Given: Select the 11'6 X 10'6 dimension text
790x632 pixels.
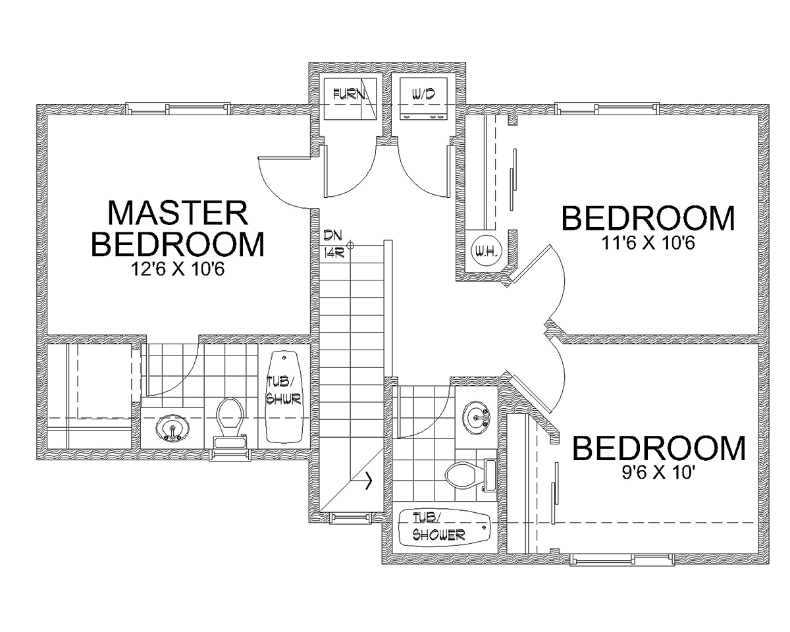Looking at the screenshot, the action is (x=648, y=243).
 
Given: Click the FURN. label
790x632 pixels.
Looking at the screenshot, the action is (x=349, y=95).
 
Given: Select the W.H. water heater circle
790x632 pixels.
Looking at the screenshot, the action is (x=487, y=251).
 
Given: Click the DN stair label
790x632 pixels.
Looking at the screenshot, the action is (x=332, y=235).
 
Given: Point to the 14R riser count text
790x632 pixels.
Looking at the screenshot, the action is (x=333, y=253).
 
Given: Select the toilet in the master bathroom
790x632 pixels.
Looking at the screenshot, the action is (x=231, y=422).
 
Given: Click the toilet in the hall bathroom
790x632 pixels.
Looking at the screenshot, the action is (x=471, y=475).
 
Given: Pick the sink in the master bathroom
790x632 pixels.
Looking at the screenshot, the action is (x=172, y=428).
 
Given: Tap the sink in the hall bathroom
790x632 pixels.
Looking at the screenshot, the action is (x=476, y=417).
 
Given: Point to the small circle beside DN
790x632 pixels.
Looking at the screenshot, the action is (x=351, y=245).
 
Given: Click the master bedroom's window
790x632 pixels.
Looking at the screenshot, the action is (x=178, y=109).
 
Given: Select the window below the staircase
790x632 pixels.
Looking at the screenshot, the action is (x=352, y=517).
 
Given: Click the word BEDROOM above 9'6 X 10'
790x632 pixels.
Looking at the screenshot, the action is (x=659, y=448).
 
